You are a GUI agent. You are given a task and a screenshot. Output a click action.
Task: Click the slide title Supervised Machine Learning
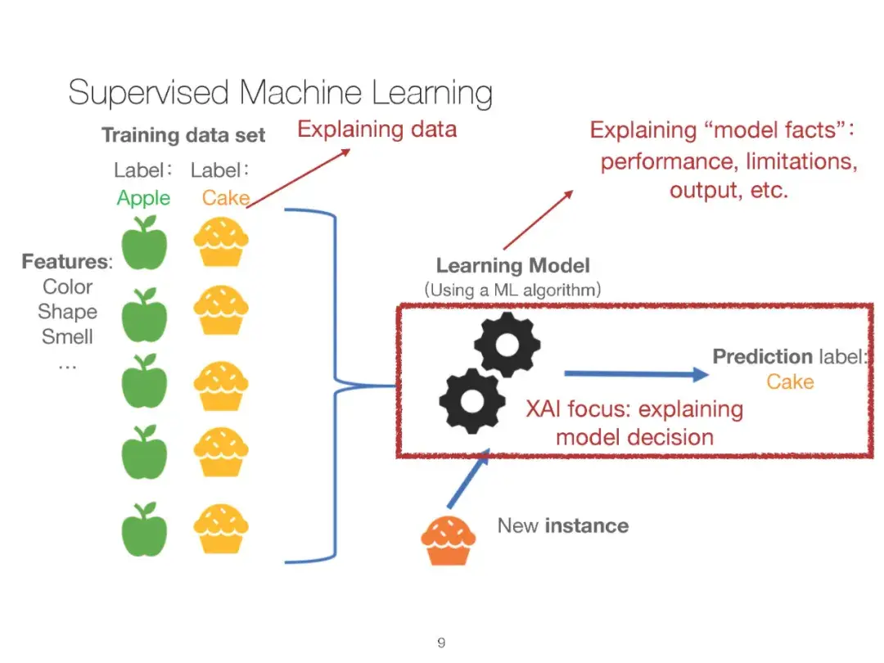tap(280, 93)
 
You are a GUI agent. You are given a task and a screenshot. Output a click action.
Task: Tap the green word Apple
tap(143, 198)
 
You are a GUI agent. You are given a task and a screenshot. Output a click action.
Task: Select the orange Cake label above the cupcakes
tap(226, 198)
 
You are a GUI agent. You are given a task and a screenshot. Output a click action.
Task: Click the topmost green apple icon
tap(144, 243)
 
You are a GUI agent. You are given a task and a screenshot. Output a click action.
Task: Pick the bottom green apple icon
tap(144, 530)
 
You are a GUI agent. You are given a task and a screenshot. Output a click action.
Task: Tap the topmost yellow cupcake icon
tap(221, 241)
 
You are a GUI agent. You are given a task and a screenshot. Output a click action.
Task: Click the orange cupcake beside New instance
tap(449, 540)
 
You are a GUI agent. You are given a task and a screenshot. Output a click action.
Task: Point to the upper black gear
tap(507, 344)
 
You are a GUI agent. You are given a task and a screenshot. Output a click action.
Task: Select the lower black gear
tap(472, 400)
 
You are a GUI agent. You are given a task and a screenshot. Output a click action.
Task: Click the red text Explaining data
tap(377, 129)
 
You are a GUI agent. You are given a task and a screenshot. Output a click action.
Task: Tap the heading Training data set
tap(183, 135)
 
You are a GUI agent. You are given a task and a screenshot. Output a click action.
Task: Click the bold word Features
tap(65, 262)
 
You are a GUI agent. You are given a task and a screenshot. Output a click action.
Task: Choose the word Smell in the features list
tap(67, 336)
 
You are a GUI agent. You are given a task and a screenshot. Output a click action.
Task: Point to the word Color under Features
tap(68, 286)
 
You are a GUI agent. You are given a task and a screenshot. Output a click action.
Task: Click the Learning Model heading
tap(512, 265)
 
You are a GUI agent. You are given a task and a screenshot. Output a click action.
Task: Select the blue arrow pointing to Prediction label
tap(637, 374)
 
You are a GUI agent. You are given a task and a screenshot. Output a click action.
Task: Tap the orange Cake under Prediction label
tap(790, 382)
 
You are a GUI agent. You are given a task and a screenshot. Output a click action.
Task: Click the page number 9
tap(441, 643)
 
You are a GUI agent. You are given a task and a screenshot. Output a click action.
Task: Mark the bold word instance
tap(586, 525)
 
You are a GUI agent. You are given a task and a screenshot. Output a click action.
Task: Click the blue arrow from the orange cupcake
tap(468, 480)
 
